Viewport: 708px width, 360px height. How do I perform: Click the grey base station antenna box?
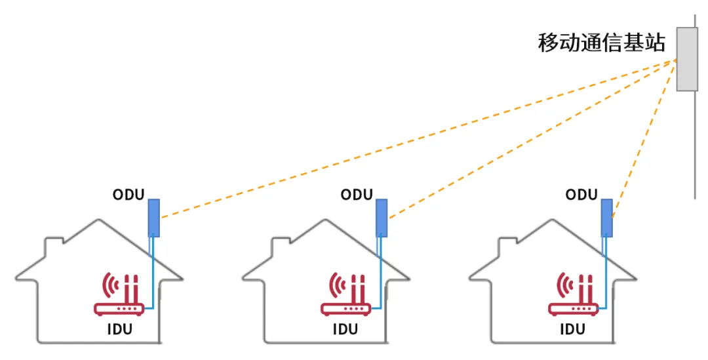(x=686, y=59)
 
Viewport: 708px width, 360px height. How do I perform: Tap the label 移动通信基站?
(x=601, y=44)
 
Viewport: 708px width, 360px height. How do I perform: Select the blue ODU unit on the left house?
(x=153, y=218)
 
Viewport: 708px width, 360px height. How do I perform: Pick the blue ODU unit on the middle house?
(x=381, y=218)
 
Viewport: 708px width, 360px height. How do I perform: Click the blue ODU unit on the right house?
(x=608, y=218)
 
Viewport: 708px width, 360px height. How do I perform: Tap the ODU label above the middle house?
(x=357, y=195)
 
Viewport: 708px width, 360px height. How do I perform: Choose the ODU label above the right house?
(x=582, y=195)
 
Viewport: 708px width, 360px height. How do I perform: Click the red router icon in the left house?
(x=119, y=295)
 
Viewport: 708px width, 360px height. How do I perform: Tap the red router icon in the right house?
(x=573, y=295)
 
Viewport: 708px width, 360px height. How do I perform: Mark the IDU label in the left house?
(x=119, y=329)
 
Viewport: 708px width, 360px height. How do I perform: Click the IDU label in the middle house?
(x=345, y=329)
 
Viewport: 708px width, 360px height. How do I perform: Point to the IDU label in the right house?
(x=572, y=329)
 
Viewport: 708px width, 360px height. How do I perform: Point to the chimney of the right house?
(x=506, y=247)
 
